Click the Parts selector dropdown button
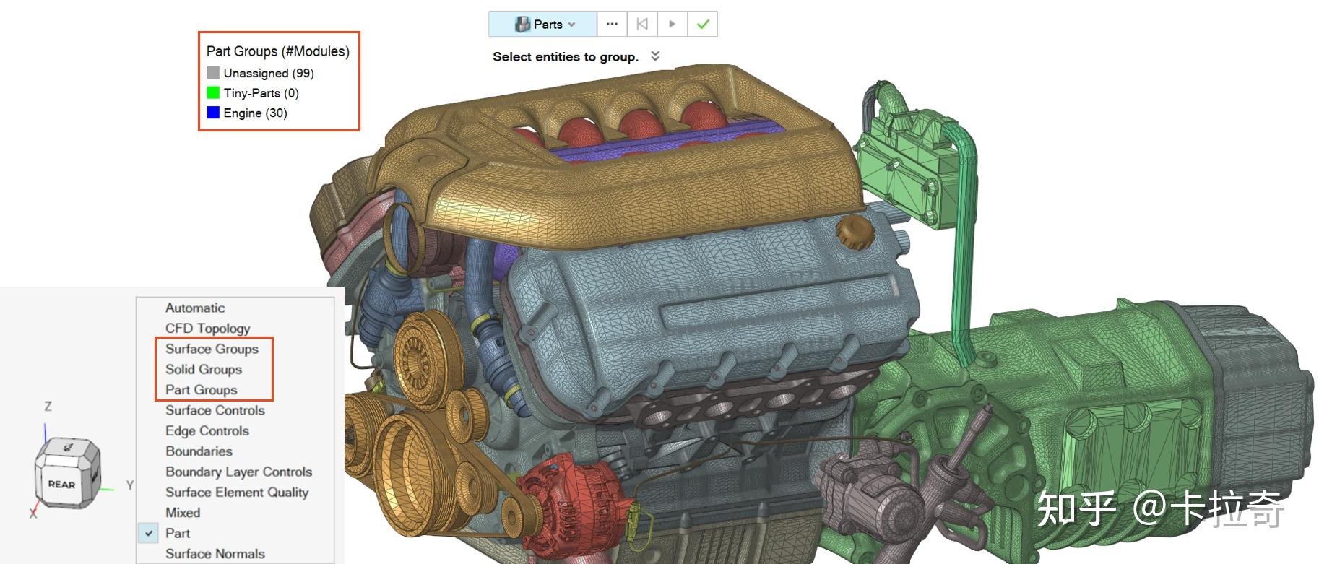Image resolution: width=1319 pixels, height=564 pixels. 542,24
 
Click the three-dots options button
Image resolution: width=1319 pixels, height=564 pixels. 612,24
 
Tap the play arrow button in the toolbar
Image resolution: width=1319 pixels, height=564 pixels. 672,24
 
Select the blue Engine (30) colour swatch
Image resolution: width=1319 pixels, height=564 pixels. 213,113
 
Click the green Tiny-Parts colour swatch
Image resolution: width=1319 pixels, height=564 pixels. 213,92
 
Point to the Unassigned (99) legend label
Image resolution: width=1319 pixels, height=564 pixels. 269,73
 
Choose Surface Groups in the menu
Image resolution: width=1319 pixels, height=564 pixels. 212,349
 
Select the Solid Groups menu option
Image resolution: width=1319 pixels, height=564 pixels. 204,369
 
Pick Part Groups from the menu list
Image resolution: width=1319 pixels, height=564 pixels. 202,390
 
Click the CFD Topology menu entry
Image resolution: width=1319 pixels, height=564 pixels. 208,329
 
